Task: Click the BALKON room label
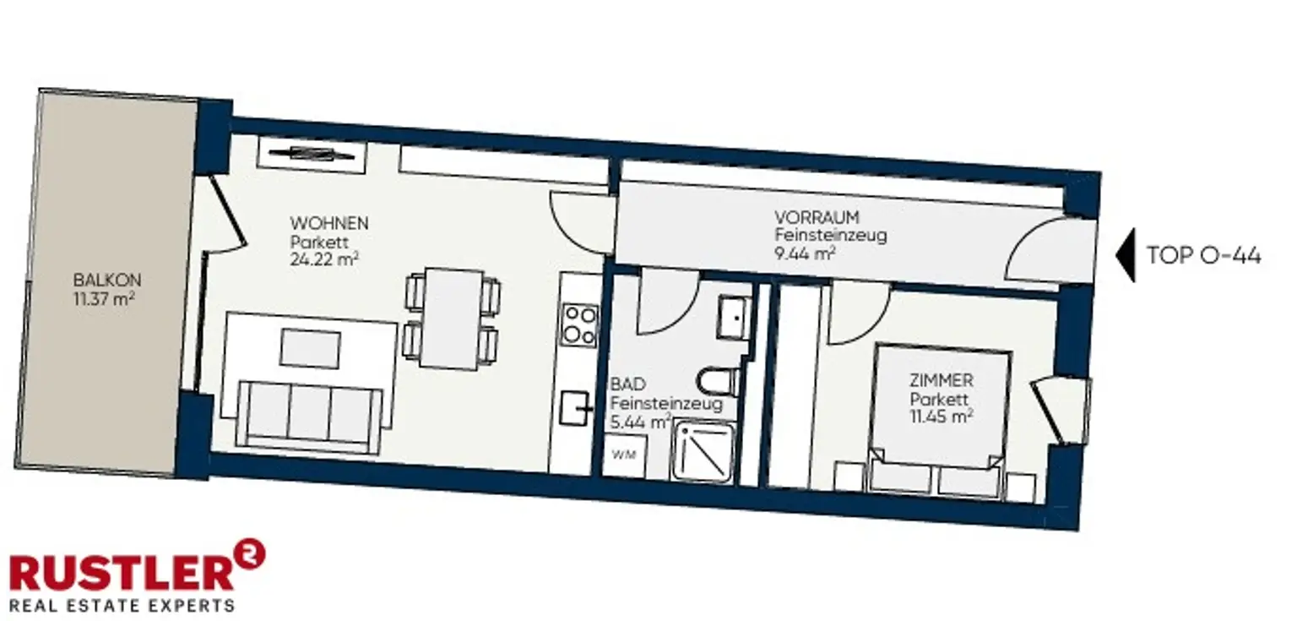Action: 107,281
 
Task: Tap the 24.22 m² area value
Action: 324,259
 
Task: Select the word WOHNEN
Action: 328,223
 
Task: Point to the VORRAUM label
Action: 817,217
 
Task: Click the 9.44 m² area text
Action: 805,253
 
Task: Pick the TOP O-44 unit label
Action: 1204,255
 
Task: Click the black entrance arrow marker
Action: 1126,255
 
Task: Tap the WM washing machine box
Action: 624,455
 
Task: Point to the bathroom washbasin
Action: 734,317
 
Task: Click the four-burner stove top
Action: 580,325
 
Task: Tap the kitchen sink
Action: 576,409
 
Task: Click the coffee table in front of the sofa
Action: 311,349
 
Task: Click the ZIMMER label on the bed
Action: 941,380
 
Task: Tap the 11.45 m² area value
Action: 941,417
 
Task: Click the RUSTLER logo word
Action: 122,573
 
